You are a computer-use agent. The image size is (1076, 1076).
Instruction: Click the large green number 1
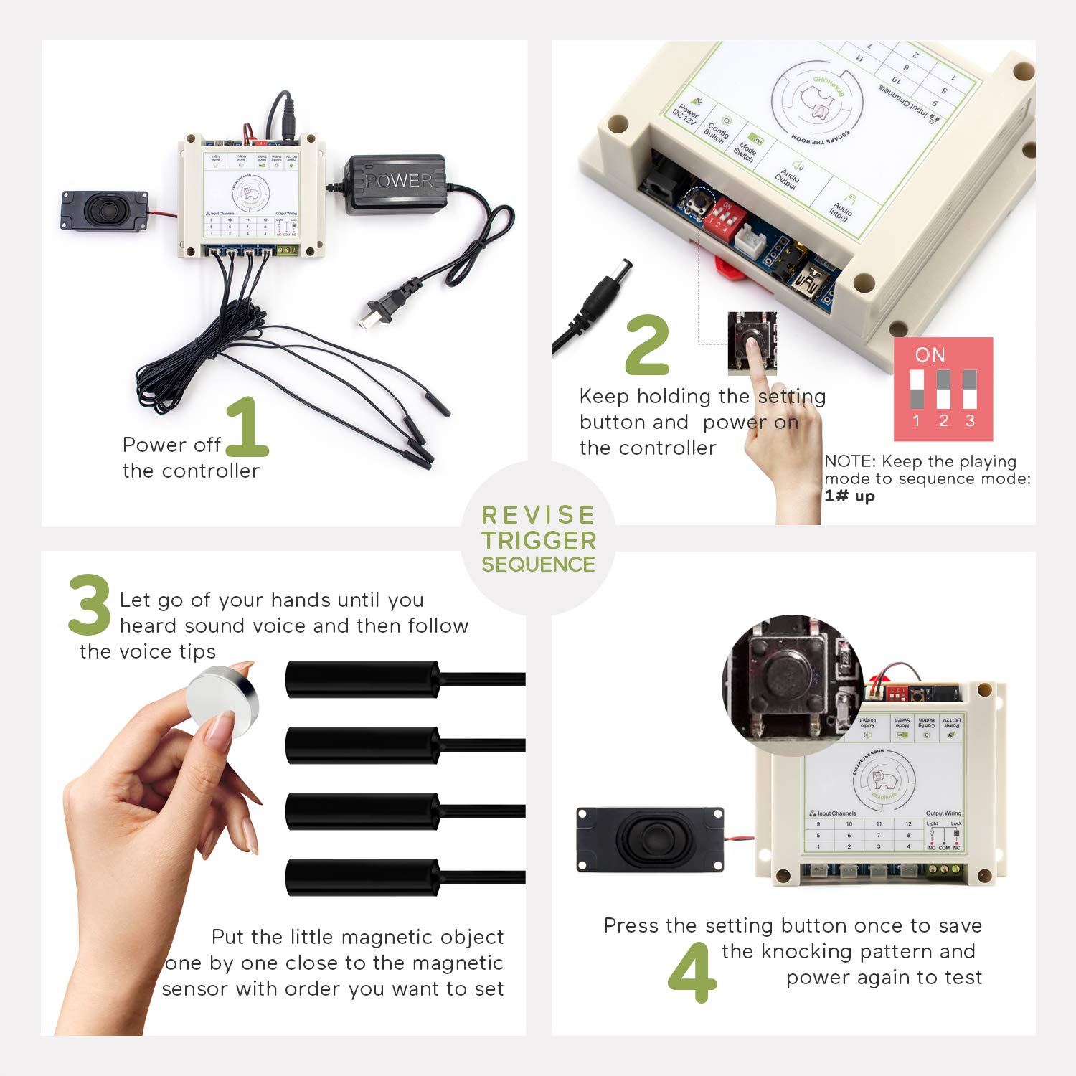point(246,428)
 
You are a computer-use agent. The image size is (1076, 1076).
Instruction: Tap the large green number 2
point(647,346)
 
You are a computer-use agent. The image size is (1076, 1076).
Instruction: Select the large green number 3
point(90,605)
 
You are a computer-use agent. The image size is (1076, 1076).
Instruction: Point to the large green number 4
point(692,973)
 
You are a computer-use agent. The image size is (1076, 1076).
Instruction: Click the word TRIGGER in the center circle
point(539,540)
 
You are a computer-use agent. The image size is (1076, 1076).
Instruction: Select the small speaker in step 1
point(105,211)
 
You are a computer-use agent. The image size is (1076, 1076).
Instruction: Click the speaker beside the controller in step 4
point(650,840)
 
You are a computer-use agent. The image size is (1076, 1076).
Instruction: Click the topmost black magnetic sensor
point(363,679)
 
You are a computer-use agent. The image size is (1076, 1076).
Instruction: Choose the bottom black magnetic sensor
point(363,877)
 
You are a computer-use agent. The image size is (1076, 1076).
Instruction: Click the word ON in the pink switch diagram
point(930,355)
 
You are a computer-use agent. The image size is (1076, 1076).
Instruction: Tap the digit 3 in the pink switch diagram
point(970,421)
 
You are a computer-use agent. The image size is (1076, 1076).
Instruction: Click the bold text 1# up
point(849,496)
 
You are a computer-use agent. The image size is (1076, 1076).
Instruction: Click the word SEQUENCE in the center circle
point(538,565)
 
